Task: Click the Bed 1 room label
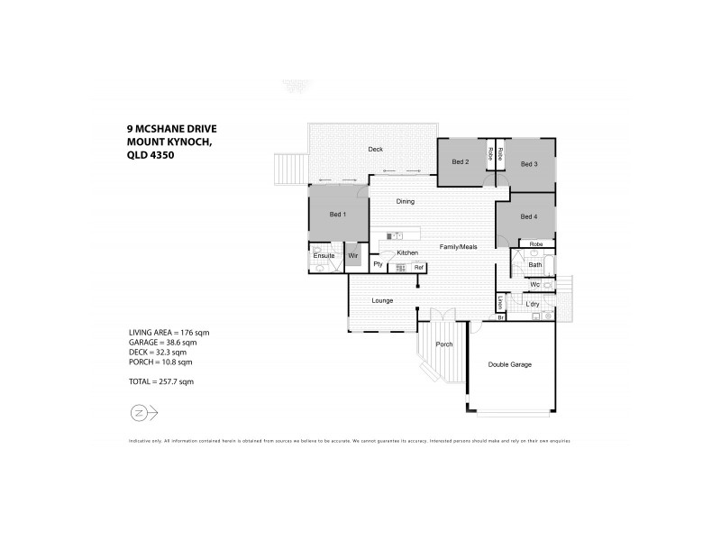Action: coord(337,215)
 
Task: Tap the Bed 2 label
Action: coord(461,162)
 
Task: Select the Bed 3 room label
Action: coord(529,164)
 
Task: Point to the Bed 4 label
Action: coord(529,217)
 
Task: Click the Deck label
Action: coord(376,149)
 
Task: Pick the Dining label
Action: coord(405,202)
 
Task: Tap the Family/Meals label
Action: coord(458,246)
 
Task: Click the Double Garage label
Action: coord(509,364)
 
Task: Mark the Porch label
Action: coord(443,344)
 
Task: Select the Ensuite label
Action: coord(324,256)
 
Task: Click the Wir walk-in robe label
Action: coord(353,256)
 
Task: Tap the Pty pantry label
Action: coord(379,265)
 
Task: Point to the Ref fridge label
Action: coord(418,268)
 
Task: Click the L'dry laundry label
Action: coord(532,304)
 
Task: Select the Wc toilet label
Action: coord(534,285)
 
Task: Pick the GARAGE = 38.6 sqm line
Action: coord(162,343)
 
